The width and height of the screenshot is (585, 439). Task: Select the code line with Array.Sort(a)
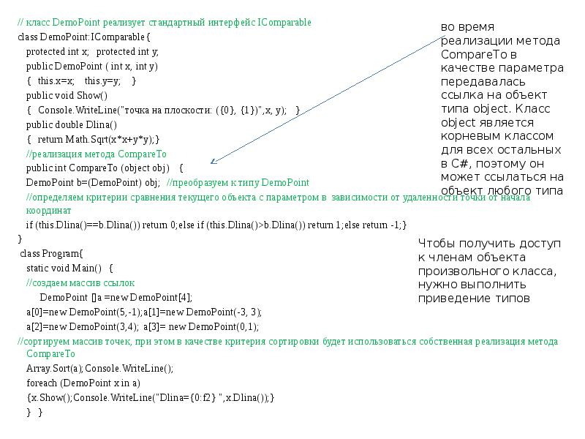(100, 369)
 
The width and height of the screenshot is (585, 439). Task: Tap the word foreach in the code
(42, 383)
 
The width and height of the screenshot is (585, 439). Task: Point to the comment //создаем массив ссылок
(80, 282)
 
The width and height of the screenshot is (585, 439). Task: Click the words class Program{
(51, 253)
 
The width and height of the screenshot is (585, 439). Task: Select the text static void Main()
(64, 268)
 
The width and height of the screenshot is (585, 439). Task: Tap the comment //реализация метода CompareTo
(97, 154)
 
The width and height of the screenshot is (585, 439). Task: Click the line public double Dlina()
(72, 124)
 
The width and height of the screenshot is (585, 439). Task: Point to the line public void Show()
(67, 96)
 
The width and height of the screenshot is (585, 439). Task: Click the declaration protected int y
(127, 51)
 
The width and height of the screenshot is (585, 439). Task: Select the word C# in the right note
(461, 163)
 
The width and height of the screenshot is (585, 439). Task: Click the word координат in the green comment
(48, 211)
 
